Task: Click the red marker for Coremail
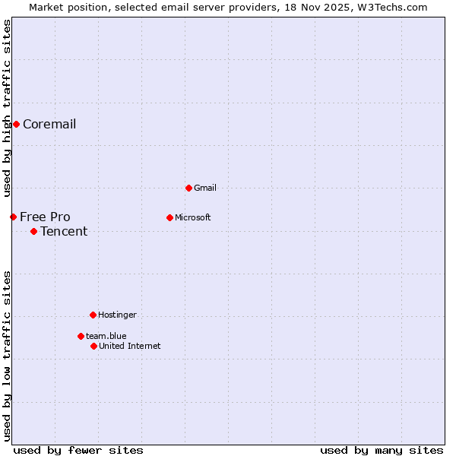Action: click(16, 124)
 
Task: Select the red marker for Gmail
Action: click(188, 188)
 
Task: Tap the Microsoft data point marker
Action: click(169, 217)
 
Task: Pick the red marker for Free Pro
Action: click(13, 217)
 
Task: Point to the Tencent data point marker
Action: click(33, 231)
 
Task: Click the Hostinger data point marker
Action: click(93, 315)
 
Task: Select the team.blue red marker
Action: click(81, 336)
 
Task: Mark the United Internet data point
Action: click(93, 346)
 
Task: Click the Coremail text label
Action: click(49, 125)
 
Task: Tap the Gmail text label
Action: click(205, 188)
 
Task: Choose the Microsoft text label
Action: click(193, 217)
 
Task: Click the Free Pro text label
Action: click(45, 217)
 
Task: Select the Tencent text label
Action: click(64, 232)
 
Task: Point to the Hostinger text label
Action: click(117, 315)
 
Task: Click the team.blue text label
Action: click(106, 336)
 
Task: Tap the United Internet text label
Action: click(130, 346)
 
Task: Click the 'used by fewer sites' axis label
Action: click(78, 450)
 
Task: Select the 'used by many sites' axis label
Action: click(382, 450)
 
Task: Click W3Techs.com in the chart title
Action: click(392, 7)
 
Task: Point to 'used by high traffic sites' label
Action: click(7, 108)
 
